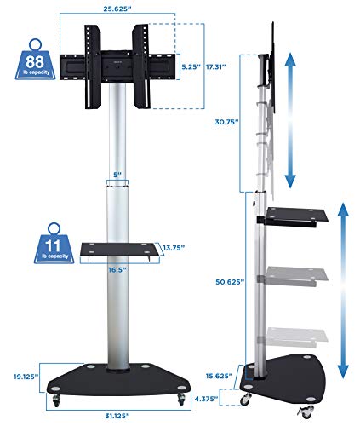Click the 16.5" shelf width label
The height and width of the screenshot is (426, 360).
(117, 268)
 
